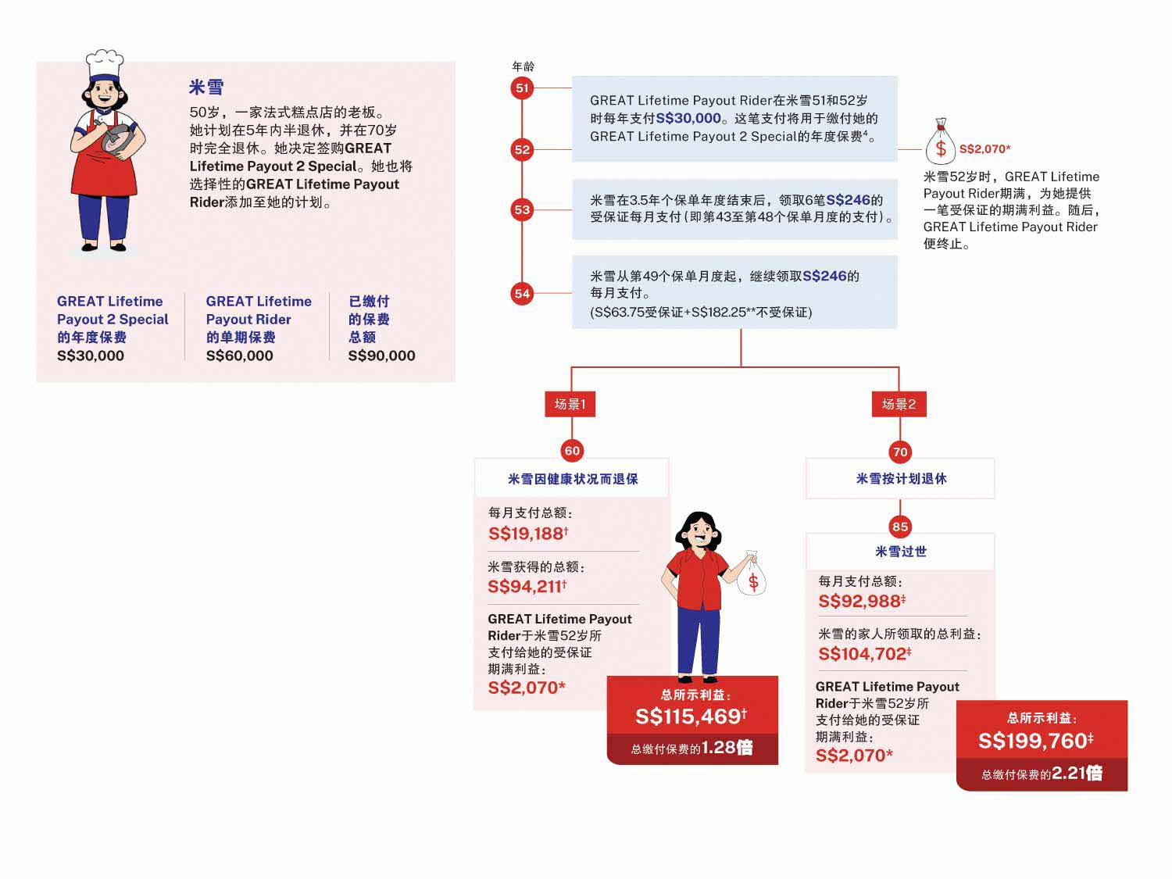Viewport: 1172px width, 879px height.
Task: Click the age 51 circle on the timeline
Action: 522,88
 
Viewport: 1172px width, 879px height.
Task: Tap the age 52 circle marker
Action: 522,149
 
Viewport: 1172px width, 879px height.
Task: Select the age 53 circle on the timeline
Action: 522,209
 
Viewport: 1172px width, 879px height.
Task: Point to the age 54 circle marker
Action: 522,294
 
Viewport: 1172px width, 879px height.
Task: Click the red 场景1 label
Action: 570,404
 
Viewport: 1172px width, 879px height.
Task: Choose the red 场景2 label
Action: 899,404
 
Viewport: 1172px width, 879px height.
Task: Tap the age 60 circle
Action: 572,451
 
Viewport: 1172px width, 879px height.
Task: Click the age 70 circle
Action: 900,452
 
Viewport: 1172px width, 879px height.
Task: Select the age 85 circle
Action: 900,527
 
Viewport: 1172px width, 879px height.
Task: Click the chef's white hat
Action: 104,64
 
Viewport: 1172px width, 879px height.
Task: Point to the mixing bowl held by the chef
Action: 117,139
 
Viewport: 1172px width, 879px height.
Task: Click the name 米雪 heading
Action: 206,88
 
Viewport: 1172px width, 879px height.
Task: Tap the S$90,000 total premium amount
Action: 381,356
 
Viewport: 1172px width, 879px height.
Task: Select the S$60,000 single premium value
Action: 239,356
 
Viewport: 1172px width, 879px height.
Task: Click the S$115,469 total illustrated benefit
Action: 691,716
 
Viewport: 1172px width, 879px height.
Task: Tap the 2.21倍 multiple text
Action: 1077,774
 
